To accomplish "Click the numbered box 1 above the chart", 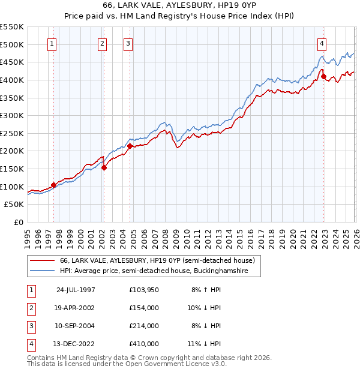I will click(x=52, y=43).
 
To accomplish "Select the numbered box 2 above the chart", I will click(x=103, y=43).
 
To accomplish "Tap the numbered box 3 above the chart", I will click(x=128, y=43).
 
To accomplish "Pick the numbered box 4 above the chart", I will click(x=322, y=43).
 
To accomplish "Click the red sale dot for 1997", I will click(x=54, y=185).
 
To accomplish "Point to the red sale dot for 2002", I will click(x=104, y=167).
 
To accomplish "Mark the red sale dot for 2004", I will click(x=130, y=146).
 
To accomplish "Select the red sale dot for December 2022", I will click(x=323, y=76).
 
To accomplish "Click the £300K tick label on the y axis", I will click(x=12, y=115).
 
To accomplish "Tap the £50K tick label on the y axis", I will click(x=14, y=205).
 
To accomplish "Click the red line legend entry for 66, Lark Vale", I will click(x=157, y=260).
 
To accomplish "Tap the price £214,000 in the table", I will click(x=144, y=326).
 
